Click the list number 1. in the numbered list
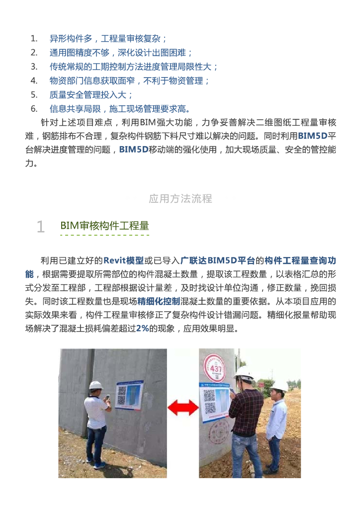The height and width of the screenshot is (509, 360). pyautogui.click(x=34, y=39)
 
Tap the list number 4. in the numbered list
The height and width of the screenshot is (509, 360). pyautogui.click(x=34, y=81)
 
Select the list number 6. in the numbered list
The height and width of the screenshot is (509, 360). pyautogui.click(x=34, y=109)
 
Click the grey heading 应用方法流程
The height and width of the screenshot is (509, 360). pyautogui.click(x=180, y=198)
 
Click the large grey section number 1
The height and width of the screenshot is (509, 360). pyautogui.click(x=41, y=227)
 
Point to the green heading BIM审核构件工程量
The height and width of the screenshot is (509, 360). pyautogui.click(x=104, y=226)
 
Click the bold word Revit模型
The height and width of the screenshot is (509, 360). pyautogui.click(x=123, y=260)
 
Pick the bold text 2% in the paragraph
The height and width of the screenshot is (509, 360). pyautogui.click(x=142, y=328)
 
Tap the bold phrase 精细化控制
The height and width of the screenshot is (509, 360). pyautogui.click(x=159, y=301)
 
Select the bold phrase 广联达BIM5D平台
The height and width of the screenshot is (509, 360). pyautogui.click(x=218, y=260)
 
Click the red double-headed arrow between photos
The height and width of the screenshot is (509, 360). pyautogui.click(x=183, y=408)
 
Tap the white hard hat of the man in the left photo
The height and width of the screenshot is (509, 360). pyautogui.click(x=96, y=385)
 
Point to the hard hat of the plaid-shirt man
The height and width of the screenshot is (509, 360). pyautogui.click(x=244, y=374)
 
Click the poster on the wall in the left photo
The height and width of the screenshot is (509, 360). pyautogui.click(x=130, y=395)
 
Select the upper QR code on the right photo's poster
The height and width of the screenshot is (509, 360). pyautogui.click(x=209, y=396)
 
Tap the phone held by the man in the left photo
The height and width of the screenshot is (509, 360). pyautogui.click(x=108, y=397)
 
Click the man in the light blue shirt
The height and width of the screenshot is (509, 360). pyautogui.click(x=276, y=428)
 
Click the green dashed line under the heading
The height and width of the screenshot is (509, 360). pyautogui.click(x=104, y=235)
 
